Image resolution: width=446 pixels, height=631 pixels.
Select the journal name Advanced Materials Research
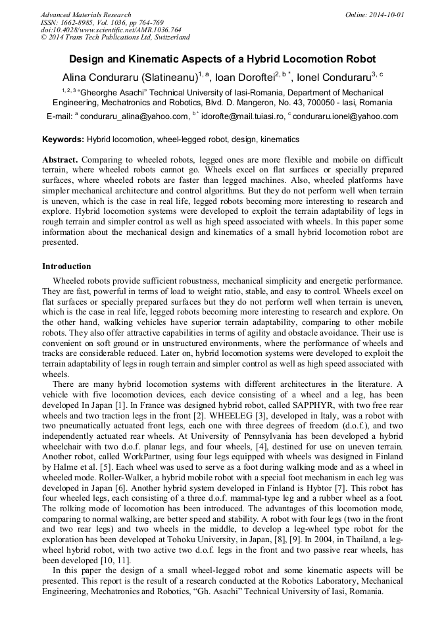click(x=86, y=14)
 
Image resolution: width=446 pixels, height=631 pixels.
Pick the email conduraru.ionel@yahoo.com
click(x=345, y=117)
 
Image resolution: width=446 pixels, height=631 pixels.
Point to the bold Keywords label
click(x=63, y=139)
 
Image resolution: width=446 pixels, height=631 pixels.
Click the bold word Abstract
click(x=61, y=160)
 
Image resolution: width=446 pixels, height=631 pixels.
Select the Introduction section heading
click(x=66, y=266)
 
